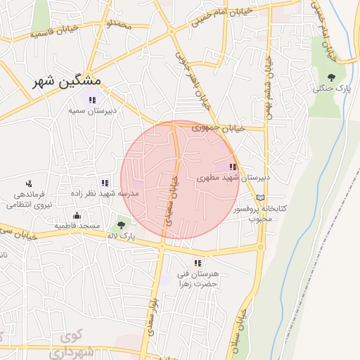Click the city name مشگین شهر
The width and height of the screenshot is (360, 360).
(x=67, y=82)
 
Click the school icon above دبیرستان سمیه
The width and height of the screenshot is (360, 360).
(x=92, y=100)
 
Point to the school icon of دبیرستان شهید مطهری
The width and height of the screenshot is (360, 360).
(x=233, y=167)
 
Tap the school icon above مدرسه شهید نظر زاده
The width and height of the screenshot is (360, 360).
(x=105, y=183)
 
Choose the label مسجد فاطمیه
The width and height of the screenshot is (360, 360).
(x=78, y=226)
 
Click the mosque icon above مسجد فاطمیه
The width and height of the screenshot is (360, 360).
(x=76, y=215)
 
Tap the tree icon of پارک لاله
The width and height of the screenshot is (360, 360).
(x=121, y=225)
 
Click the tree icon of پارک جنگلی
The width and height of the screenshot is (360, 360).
(x=331, y=77)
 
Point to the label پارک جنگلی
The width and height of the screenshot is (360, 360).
(x=330, y=89)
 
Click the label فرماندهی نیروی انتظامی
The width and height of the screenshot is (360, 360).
(x=25, y=200)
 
